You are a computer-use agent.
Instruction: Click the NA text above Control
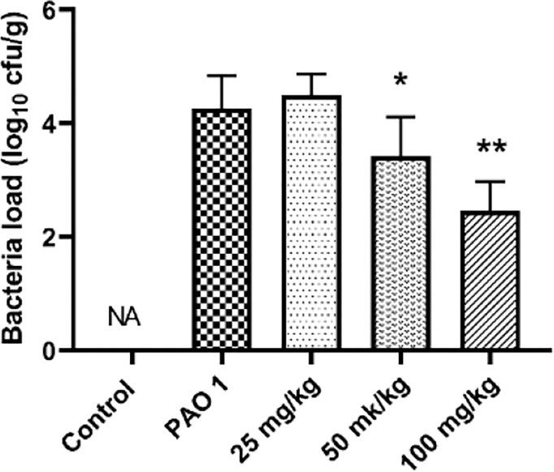point(124,318)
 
